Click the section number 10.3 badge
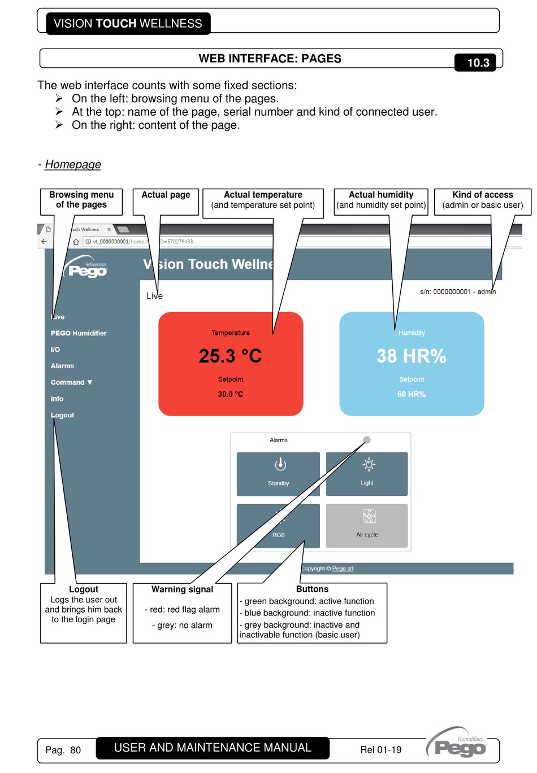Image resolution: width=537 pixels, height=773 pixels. [x=478, y=63]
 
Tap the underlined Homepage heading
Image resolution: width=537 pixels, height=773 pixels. [x=73, y=164]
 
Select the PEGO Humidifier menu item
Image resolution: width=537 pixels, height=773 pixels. [x=79, y=333]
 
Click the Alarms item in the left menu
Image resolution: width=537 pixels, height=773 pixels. [x=62, y=366]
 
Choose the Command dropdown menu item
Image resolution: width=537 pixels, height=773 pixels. [x=71, y=382]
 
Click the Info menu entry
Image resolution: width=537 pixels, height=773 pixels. [x=57, y=399]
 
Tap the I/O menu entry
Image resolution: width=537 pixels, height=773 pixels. [x=55, y=350]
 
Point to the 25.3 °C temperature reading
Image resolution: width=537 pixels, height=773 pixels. [x=230, y=356]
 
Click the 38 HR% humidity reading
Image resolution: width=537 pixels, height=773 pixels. [x=412, y=356]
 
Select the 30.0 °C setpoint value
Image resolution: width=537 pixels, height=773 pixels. [x=231, y=394]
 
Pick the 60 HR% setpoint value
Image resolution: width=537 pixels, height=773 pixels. [x=412, y=394]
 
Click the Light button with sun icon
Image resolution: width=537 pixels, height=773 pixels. [x=367, y=474]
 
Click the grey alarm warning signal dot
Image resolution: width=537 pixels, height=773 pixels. [x=367, y=440]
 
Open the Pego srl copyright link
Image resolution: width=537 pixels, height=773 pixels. [x=343, y=569]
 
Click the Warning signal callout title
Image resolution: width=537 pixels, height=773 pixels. [x=182, y=589]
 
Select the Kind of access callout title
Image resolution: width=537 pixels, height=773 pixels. [x=483, y=195]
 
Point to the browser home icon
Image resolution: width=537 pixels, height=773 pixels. [x=76, y=242]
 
